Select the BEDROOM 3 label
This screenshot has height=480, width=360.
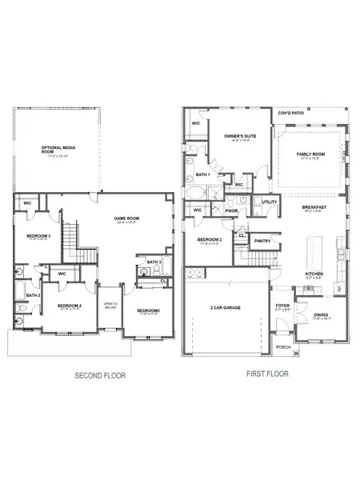click(38, 236)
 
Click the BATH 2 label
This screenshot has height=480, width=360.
click(32, 295)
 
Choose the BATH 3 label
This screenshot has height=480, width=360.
click(154, 262)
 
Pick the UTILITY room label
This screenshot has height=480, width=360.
click(269, 202)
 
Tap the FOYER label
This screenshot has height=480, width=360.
click(282, 304)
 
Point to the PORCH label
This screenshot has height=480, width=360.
click(282, 347)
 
